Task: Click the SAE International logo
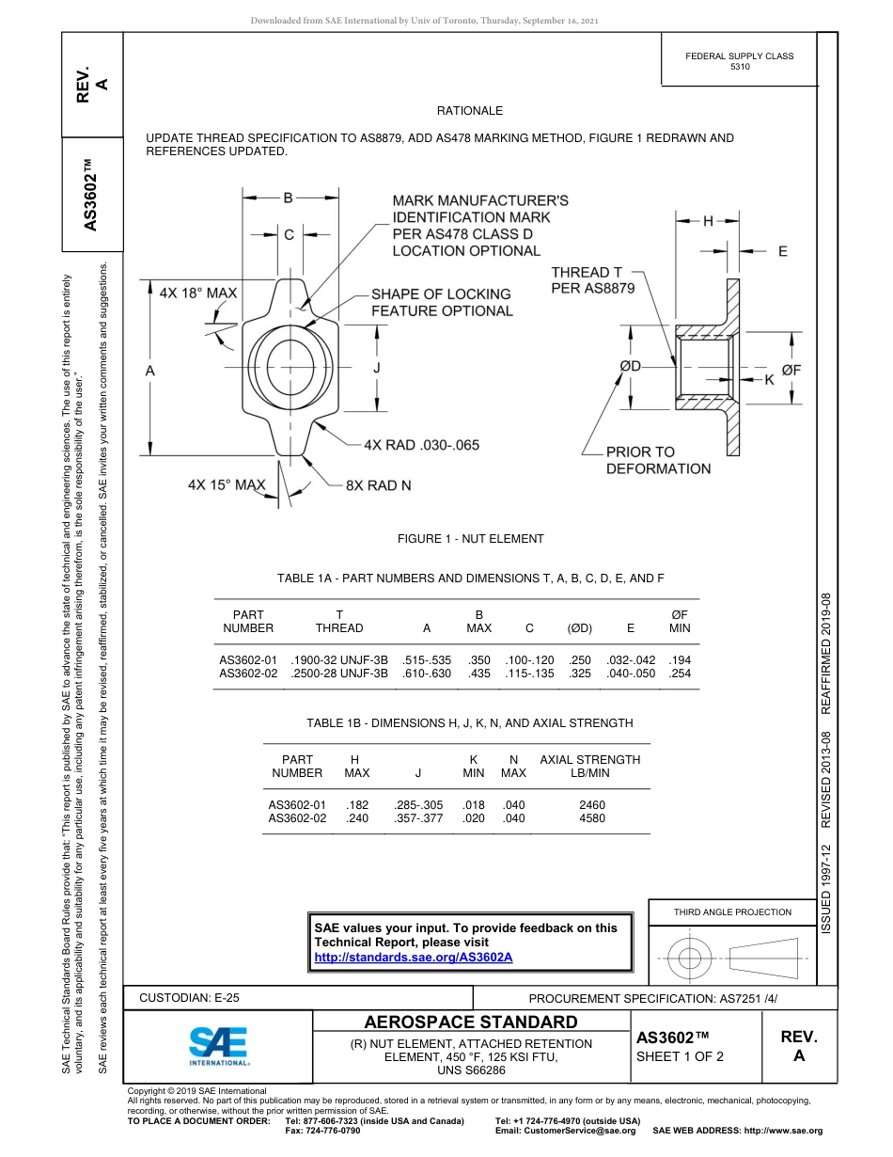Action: pyautogui.click(x=219, y=1044)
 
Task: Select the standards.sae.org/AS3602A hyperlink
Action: pyautogui.click(x=413, y=957)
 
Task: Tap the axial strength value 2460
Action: pyautogui.click(x=592, y=805)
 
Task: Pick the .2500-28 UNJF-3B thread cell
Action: pyautogui.click(x=339, y=674)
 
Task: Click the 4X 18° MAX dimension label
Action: pyautogui.click(x=198, y=293)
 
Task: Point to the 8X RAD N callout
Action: pyautogui.click(x=378, y=485)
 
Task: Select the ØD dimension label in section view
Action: pyautogui.click(x=630, y=366)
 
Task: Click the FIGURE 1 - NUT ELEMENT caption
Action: pyautogui.click(x=470, y=539)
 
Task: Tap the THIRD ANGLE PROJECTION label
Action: pyautogui.click(x=732, y=911)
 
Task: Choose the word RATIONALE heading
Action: pyautogui.click(x=470, y=111)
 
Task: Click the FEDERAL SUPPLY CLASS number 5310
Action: pyautogui.click(x=740, y=68)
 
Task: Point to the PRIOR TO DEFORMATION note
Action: pyautogui.click(x=658, y=460)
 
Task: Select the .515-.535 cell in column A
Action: pyautogui.click(x=427, y=660)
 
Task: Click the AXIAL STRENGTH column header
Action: pyautogui.click(x=589, y=766)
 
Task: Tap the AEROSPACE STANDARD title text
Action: pyautogui.click(x=471, y=1022)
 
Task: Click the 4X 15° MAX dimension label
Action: pyautogui.click(x=227, y=485)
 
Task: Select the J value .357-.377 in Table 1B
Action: pyautogui.click(x=418, y=818)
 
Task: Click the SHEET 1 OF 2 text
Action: pyautogui.click(x=681, y=1055)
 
